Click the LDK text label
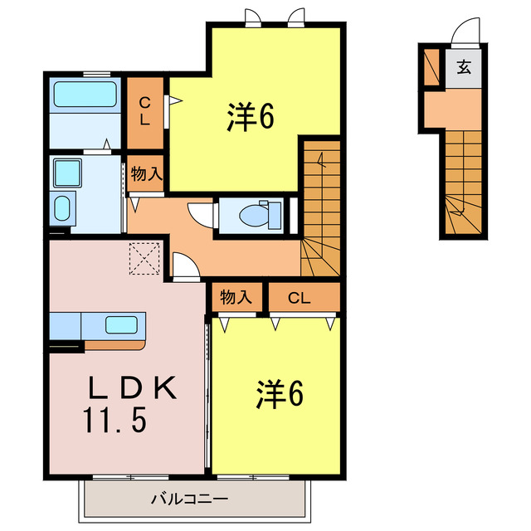pos(133,388)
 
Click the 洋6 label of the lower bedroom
pos(278,394)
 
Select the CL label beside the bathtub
pos(144,110)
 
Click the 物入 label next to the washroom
pos(147,174)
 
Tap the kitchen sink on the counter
pos(122,324)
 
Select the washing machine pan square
pos(66,173)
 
